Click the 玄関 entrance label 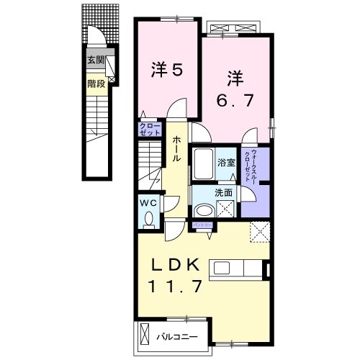point(96,60)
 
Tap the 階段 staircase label point(96,84)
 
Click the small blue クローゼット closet point(150,130)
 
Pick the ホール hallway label point(175,148)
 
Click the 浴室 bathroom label point(227,163)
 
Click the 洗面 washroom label point(224,193)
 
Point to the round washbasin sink point(204,209)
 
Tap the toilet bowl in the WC point(150,217)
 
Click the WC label point(148,202)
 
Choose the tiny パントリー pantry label point(200,226)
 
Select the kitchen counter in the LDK point(237,269)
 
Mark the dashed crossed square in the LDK point(259,233)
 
